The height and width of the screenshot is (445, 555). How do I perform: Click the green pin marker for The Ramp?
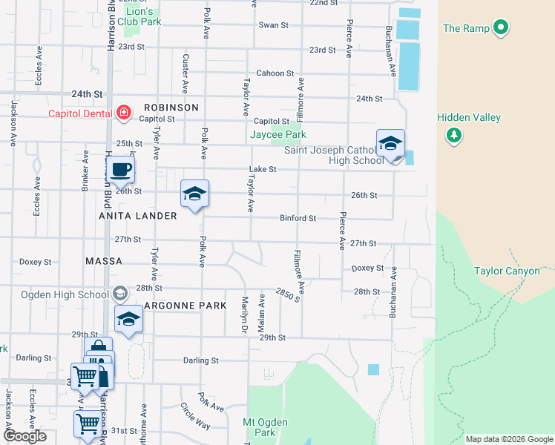[501, 29]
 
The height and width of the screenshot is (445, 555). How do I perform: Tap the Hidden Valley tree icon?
[453, 135]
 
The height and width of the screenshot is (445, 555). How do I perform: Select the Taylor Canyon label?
[507, 271]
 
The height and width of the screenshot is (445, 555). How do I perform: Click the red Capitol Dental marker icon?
[124, 113]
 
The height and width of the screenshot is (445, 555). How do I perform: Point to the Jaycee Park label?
[277, 135]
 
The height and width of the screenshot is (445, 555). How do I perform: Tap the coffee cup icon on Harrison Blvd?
[121, 170]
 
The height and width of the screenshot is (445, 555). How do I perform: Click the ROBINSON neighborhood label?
[171, 108]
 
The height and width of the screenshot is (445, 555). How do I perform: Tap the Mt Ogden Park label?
[265, 427]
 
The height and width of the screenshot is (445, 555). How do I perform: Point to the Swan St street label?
[273, 25]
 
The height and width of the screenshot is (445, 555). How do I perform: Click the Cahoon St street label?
[275, 73]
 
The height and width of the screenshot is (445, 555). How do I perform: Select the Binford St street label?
[298, 219]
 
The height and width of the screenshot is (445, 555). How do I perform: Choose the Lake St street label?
[263, 169]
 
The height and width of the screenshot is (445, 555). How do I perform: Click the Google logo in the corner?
[24, 436]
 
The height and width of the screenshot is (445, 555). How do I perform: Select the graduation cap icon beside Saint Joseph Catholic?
[390, 144]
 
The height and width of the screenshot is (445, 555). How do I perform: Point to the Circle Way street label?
[196, 416]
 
